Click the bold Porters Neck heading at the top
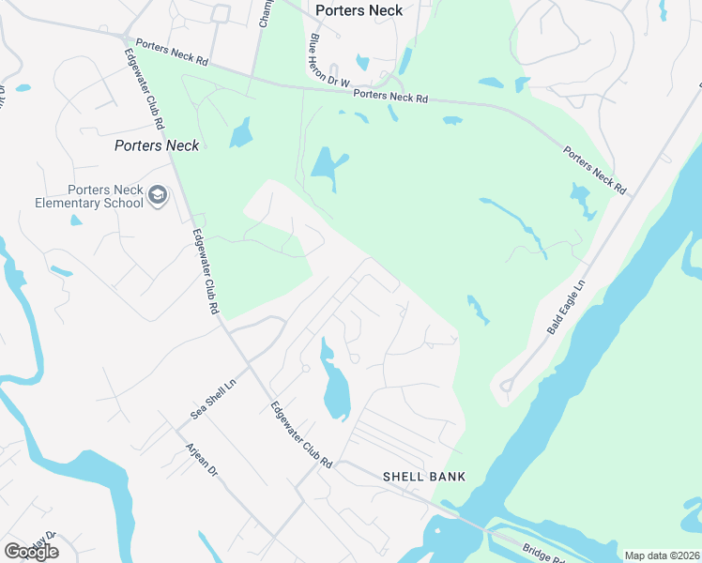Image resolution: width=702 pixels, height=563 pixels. coord(359,10)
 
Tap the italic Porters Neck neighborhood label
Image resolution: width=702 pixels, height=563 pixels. coord(157,145)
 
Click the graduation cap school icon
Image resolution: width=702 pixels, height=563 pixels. coord(158,194)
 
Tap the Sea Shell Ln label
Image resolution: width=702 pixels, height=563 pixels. coord(212,399)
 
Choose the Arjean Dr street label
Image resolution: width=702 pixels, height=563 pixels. coord(202,459)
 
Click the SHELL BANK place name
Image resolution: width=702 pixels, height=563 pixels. coord(424,477)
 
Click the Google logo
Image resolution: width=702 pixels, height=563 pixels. coord(31,552)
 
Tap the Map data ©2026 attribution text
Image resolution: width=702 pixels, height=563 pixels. coord(662,555)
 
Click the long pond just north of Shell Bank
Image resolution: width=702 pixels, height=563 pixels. coord(334,385)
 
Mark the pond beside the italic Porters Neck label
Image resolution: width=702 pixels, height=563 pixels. coord(242,132)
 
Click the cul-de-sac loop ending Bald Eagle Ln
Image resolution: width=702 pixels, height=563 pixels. coord(506,385)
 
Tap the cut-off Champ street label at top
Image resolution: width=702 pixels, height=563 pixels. coord(264,13)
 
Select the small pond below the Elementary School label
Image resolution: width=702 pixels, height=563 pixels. coord(76,221)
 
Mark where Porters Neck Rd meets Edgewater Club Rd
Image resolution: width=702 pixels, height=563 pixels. coord(127,37)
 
